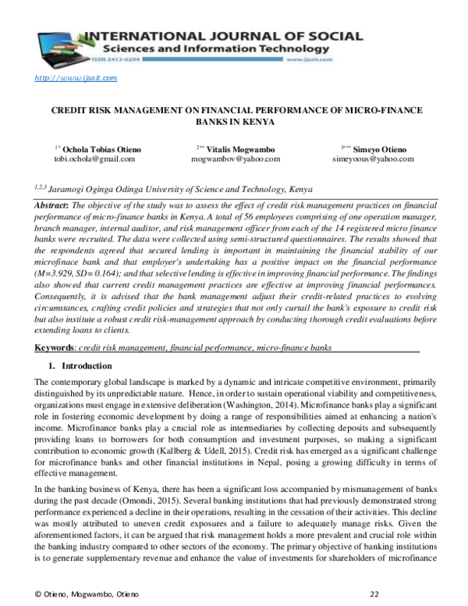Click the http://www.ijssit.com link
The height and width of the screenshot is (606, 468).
coord(76,77)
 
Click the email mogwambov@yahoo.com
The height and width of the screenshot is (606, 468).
coord(235,159)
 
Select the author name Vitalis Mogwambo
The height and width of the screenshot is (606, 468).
coord(239,148)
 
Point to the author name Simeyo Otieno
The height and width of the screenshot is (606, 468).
coord(378,148)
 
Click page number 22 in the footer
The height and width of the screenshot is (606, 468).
coord(374,594)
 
